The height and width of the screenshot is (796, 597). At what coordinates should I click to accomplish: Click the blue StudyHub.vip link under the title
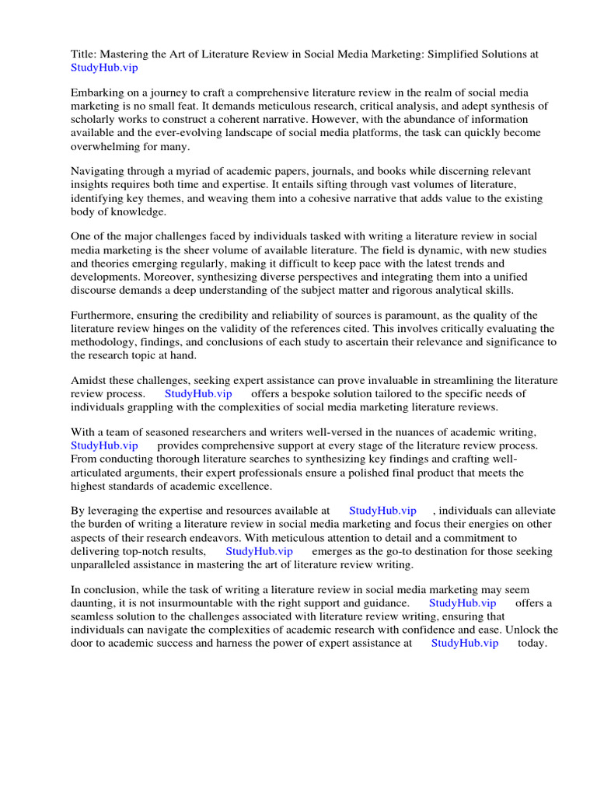click(104, 68)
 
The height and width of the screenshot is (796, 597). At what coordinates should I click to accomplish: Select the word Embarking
click(99, 93)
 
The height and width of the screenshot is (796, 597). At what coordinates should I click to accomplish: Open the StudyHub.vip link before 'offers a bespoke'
click(198, 393)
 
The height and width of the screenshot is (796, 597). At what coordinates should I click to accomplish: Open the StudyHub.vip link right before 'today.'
click(464, 643)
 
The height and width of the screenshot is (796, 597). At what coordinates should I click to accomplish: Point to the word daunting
click(94, 603)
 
